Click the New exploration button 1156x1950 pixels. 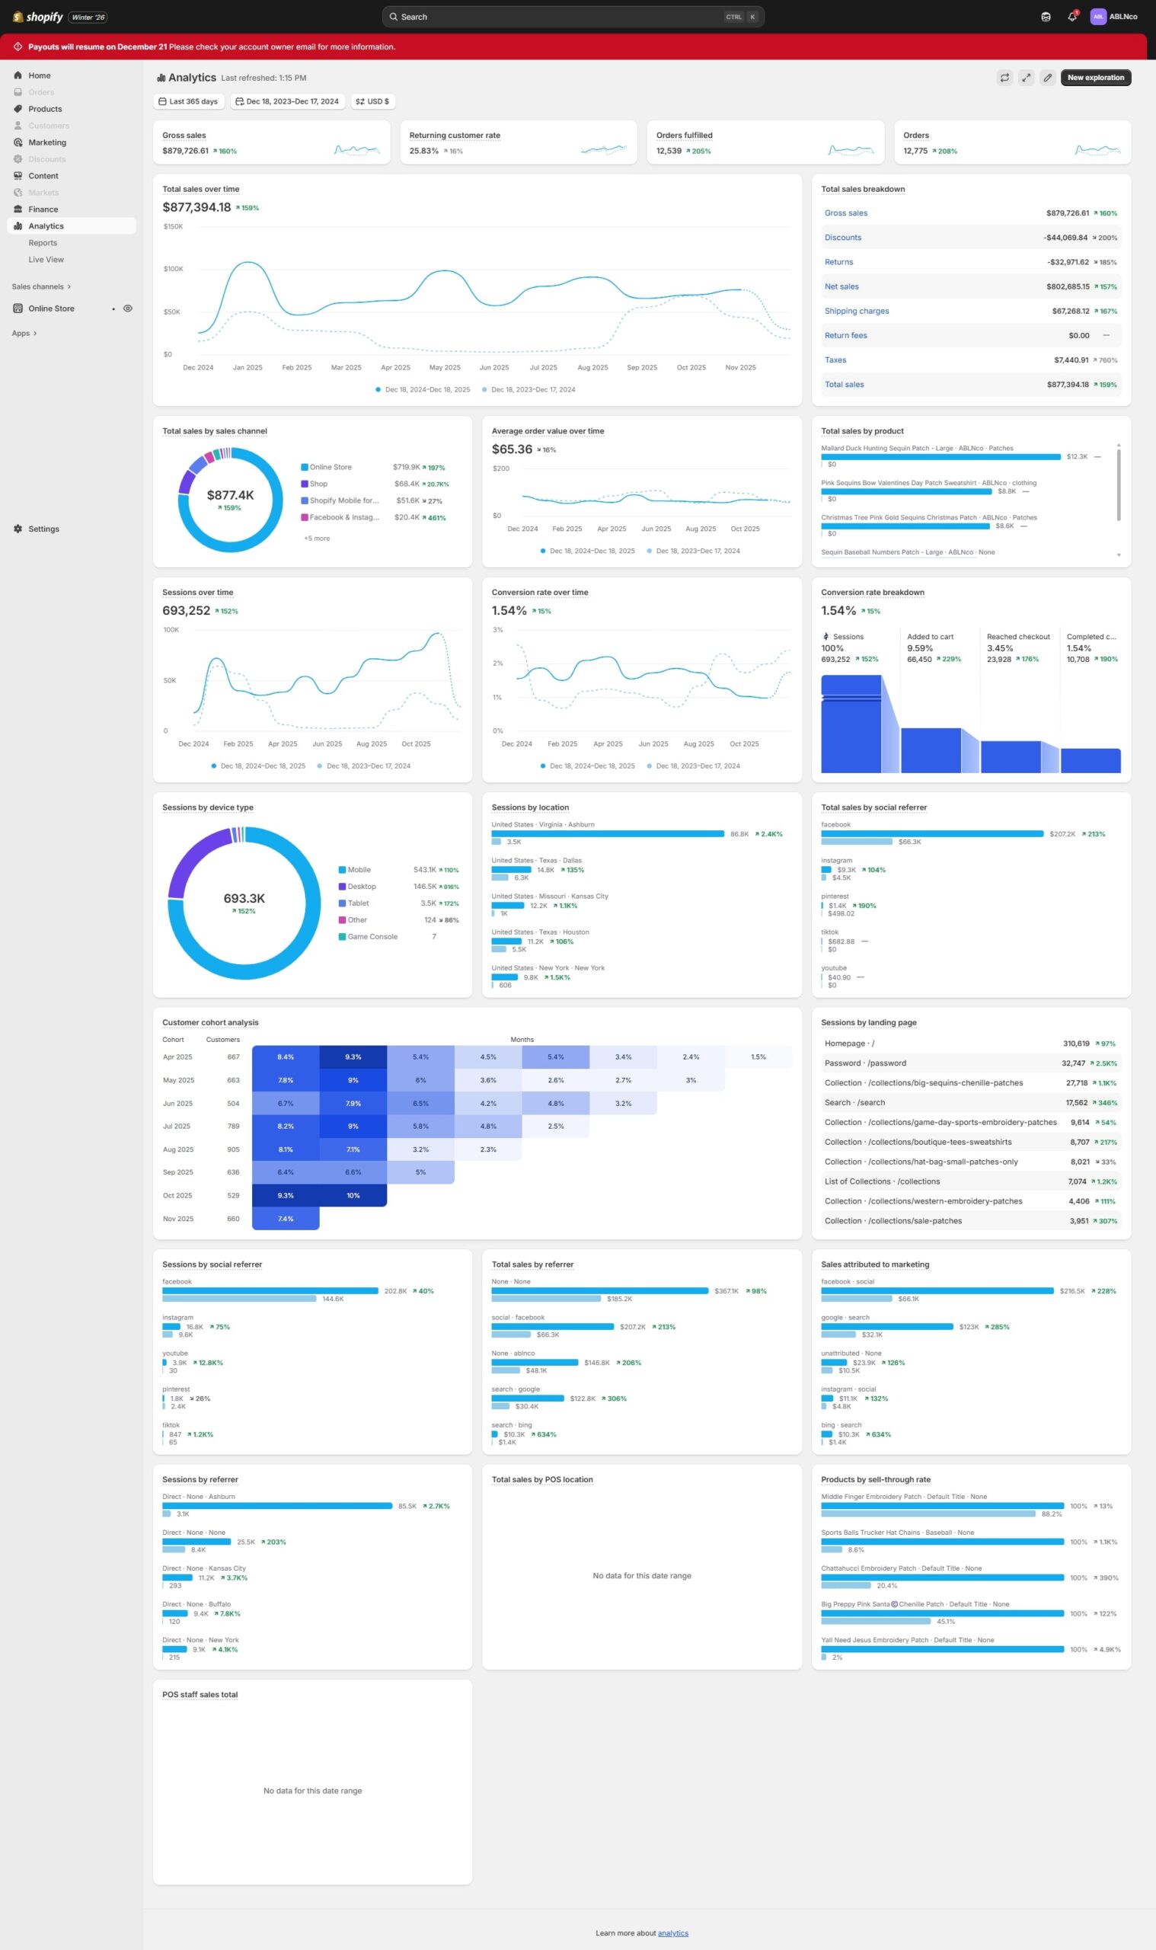[x=1095, y=78]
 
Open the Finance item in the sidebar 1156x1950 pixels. [x=43, y=209]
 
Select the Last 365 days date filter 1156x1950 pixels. [x=189, y=101]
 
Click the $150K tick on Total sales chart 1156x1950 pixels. [x=173, y=227]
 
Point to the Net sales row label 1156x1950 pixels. [x=841, y=286]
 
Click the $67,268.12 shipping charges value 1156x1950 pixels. [x=1070, y=312]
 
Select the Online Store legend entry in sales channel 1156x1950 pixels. [x=331, y=468]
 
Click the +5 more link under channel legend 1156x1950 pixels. [x=316, y=539]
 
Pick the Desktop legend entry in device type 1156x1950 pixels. [x=362, y=887]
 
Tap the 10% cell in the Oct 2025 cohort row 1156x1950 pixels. [x=353, y=1195]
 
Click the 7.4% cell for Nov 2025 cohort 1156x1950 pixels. [x=286, y=1219]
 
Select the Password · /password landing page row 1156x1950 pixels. [x=864, y=1063]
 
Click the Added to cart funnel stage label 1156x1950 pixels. [x=930, y=637]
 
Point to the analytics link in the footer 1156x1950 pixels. [x=673, y=1932]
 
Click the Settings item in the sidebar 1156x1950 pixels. [x=43, y=529]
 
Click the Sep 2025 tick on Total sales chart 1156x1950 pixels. [x=642, y=368]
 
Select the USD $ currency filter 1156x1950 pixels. [x=373, y=101]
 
